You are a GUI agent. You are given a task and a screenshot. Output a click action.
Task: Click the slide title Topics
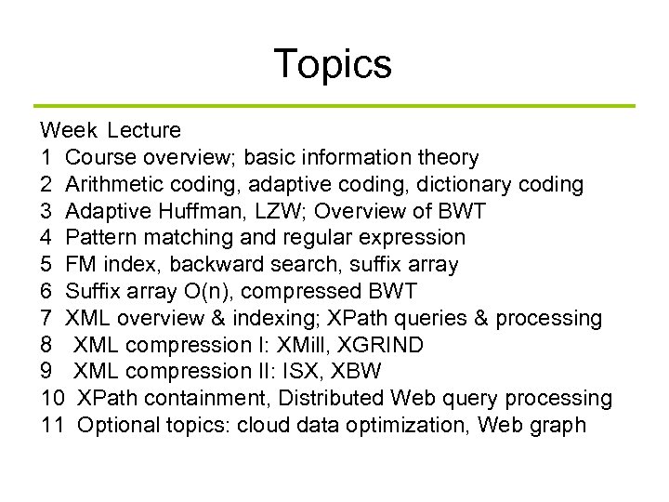(333, 64)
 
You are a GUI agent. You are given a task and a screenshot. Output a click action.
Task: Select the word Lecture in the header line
(144, 130)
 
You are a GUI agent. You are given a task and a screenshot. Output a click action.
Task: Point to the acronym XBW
(359, 372)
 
